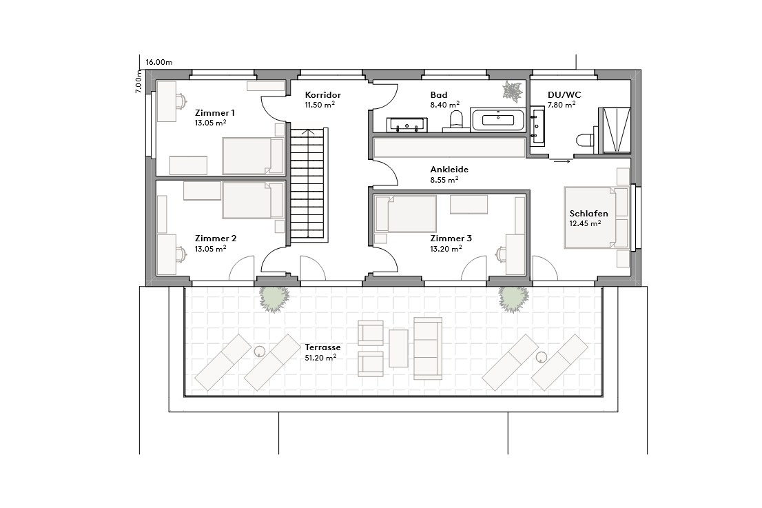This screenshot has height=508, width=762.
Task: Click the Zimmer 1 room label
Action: (215, 112)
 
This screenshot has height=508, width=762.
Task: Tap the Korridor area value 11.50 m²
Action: (320, 105)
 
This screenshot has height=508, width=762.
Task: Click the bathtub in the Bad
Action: (498, 121)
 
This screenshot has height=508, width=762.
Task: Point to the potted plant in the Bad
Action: (512, 91)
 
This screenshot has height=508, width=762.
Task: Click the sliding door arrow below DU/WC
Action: (562, 161)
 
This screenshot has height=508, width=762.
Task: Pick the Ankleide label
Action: (449, 169)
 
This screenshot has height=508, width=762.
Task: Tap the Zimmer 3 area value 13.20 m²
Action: (446, 249)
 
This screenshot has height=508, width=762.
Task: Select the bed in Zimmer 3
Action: (406, 214)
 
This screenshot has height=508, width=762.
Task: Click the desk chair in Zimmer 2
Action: (180, 254)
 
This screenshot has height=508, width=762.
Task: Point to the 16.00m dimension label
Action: (159, 62)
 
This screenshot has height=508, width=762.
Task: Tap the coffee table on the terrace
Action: (399, 348)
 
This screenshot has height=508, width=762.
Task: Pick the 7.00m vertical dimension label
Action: (138, 83)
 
